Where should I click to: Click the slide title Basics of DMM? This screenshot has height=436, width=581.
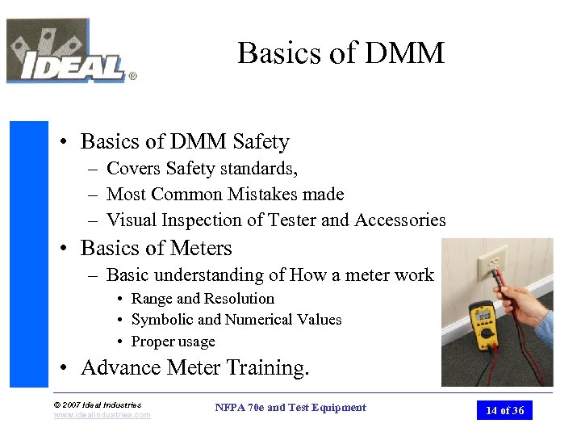(341, 53)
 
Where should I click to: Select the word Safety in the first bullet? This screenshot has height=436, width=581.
(261, 142)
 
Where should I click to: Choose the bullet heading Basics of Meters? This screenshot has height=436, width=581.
(156, 249)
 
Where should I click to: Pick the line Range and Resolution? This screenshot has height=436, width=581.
(203, 299)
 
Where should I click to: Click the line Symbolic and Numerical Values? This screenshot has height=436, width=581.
(236, 320)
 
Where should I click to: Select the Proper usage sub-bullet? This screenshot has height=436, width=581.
(173, 342)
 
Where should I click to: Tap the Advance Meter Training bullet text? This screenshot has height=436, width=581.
(194, 368)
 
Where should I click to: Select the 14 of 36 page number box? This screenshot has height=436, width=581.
(504, 411)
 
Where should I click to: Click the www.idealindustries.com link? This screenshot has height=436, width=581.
(102, 415)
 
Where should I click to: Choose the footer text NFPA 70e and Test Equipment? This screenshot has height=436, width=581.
(290, 408)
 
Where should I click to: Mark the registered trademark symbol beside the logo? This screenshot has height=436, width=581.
(132, 77)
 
